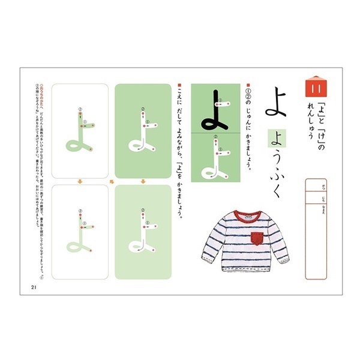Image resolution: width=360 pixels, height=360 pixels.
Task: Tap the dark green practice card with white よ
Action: pyautogui.click(x=143, y=130)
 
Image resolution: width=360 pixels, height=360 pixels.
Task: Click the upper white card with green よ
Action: pyautogui.click(x=80, y=130)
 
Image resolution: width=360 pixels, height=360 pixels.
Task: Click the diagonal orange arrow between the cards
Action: pyautogui.click(x=112, y=181)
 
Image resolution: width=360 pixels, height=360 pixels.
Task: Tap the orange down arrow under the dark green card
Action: pyautogui.click(x=143, y=181)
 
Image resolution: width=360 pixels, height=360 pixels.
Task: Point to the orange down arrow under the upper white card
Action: pyautogui.click(x=80, y=181)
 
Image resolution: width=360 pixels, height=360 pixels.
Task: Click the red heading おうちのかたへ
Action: pyautogui.click(x=41, y=96)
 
